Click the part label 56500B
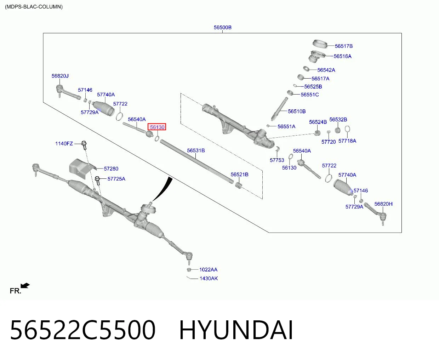point(222,27)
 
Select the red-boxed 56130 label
point(157,127)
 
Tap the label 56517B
point(343,46)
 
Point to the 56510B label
point(297,112)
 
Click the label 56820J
point(60,76)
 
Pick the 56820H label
point(383,204)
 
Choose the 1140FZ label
point(64,143)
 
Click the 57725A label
point(116,179)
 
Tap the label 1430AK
point(209,278)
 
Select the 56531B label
point(196,150)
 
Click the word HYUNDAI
point(236,330)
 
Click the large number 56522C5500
point(82,330)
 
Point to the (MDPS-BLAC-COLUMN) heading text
point(34,7)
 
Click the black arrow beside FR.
point(25,286)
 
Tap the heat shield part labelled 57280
point(81,168)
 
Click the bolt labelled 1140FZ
point(84,145)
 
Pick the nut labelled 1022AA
point(189,270)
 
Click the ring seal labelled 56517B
point(320,44)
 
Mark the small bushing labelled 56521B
point(239,185)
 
